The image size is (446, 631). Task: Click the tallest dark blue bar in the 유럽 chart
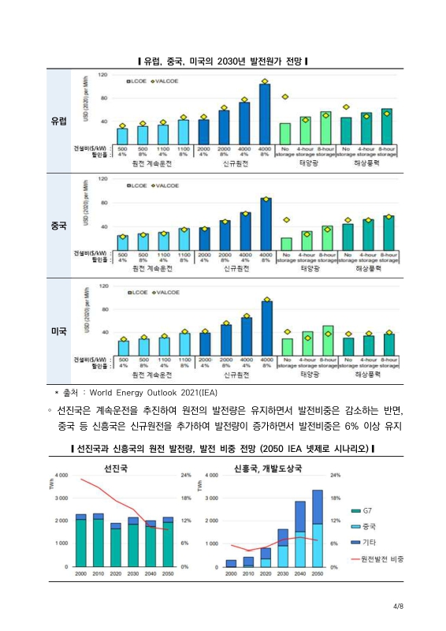click(265, 114)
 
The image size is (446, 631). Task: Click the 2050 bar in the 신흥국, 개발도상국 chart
click(317, 528)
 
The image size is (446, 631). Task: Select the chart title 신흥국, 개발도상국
click(268, 468)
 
